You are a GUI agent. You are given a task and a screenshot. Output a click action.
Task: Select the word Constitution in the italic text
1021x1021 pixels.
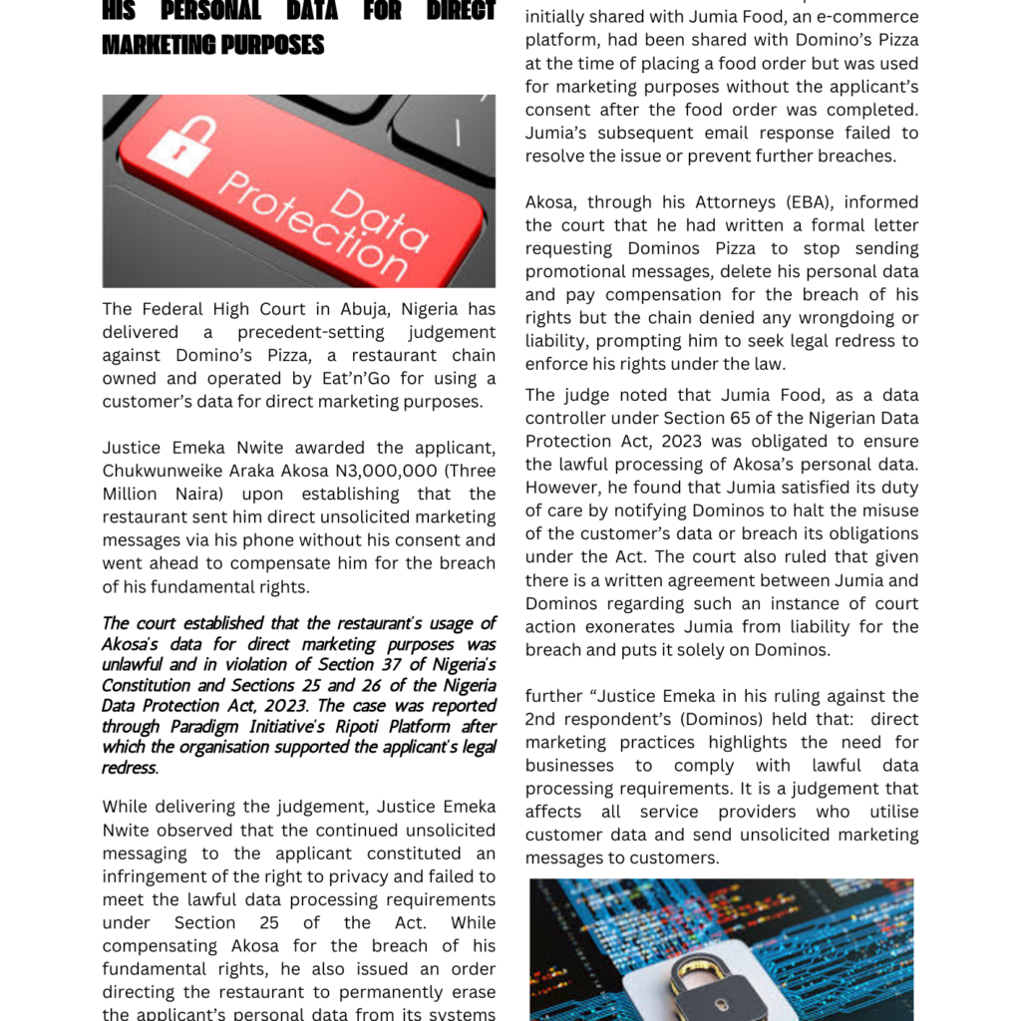(x=148, y=686)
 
